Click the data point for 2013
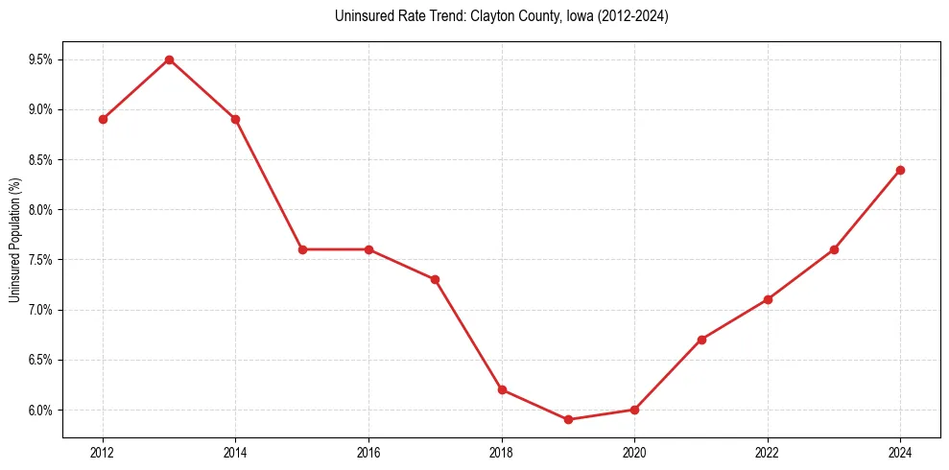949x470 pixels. coord(169,59)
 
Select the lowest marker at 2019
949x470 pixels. coord(568,419)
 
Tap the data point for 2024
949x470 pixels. coord(900,170)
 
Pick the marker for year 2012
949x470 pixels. coord(103,119)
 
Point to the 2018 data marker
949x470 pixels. coord(502,389)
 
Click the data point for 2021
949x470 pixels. coord(701,340)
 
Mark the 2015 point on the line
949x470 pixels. coord(302,249)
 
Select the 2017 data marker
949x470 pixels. coord(435,279)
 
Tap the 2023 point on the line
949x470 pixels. coord(834,249)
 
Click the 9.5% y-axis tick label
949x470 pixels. coord(39,59)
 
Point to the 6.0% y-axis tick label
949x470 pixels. coord(39,410)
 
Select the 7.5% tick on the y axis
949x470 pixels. coord(39,260)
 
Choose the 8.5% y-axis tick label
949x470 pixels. coord(39,159)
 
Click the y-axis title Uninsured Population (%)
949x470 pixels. coord(14,240)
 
